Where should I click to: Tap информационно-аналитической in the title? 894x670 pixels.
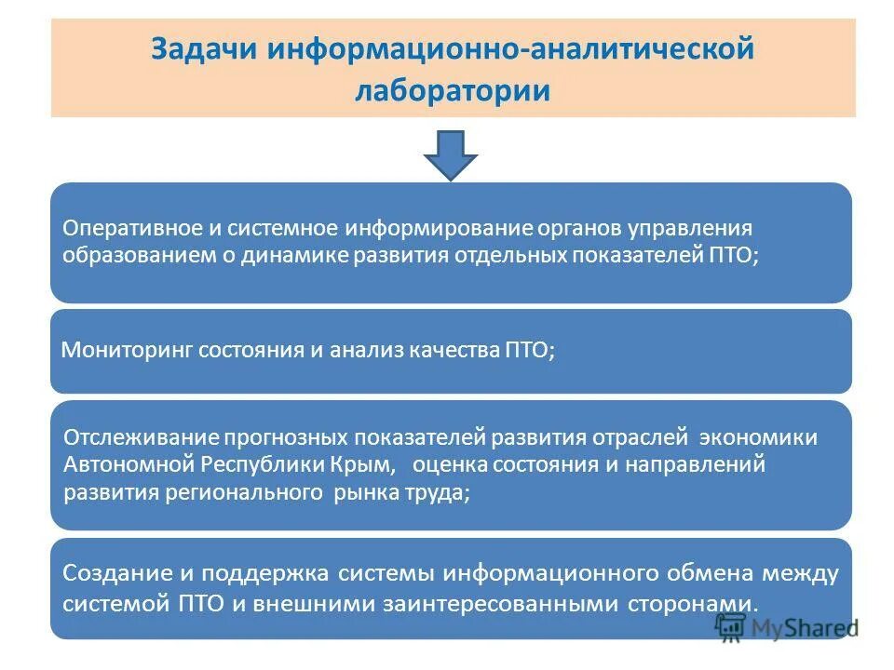coord(510,48)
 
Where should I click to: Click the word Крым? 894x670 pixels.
coord(363,463)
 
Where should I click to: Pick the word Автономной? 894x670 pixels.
coord(129,463)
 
